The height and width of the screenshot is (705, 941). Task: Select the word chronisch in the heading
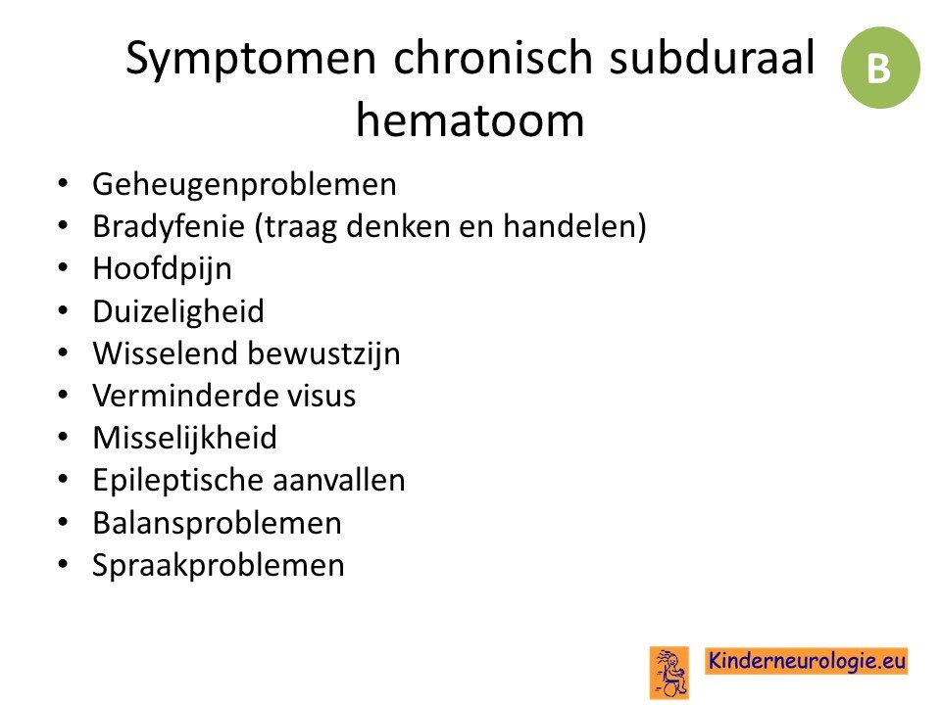click(493, 58)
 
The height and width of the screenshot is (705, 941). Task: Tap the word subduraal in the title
click(713, 58)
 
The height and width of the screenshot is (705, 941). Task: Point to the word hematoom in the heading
click(470, 119)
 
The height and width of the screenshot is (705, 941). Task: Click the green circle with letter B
click(880, 68)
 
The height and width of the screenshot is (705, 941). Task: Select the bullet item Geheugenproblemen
click(244, 185)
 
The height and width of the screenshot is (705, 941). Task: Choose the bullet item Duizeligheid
click(178, 311)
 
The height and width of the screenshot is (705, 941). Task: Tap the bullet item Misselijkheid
click(185, 439)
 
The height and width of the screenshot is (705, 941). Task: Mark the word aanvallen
click(338, 481)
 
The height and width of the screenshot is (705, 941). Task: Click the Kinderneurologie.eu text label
click(807, 661)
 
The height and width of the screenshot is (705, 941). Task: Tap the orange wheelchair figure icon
click(669, 673)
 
